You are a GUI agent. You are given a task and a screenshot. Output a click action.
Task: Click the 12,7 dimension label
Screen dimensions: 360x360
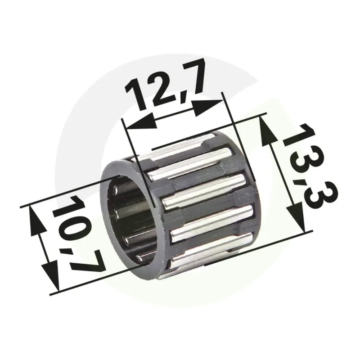[164, 85]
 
